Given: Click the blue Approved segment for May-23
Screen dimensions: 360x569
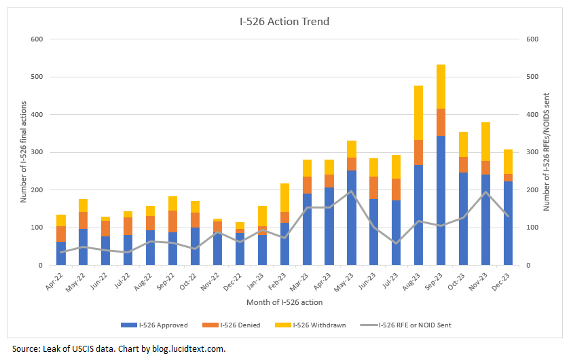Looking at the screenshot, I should pyautogui.click(x=352, y=217).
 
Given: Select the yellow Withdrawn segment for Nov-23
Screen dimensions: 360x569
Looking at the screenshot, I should pyautogui.click(x=486, y=141).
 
